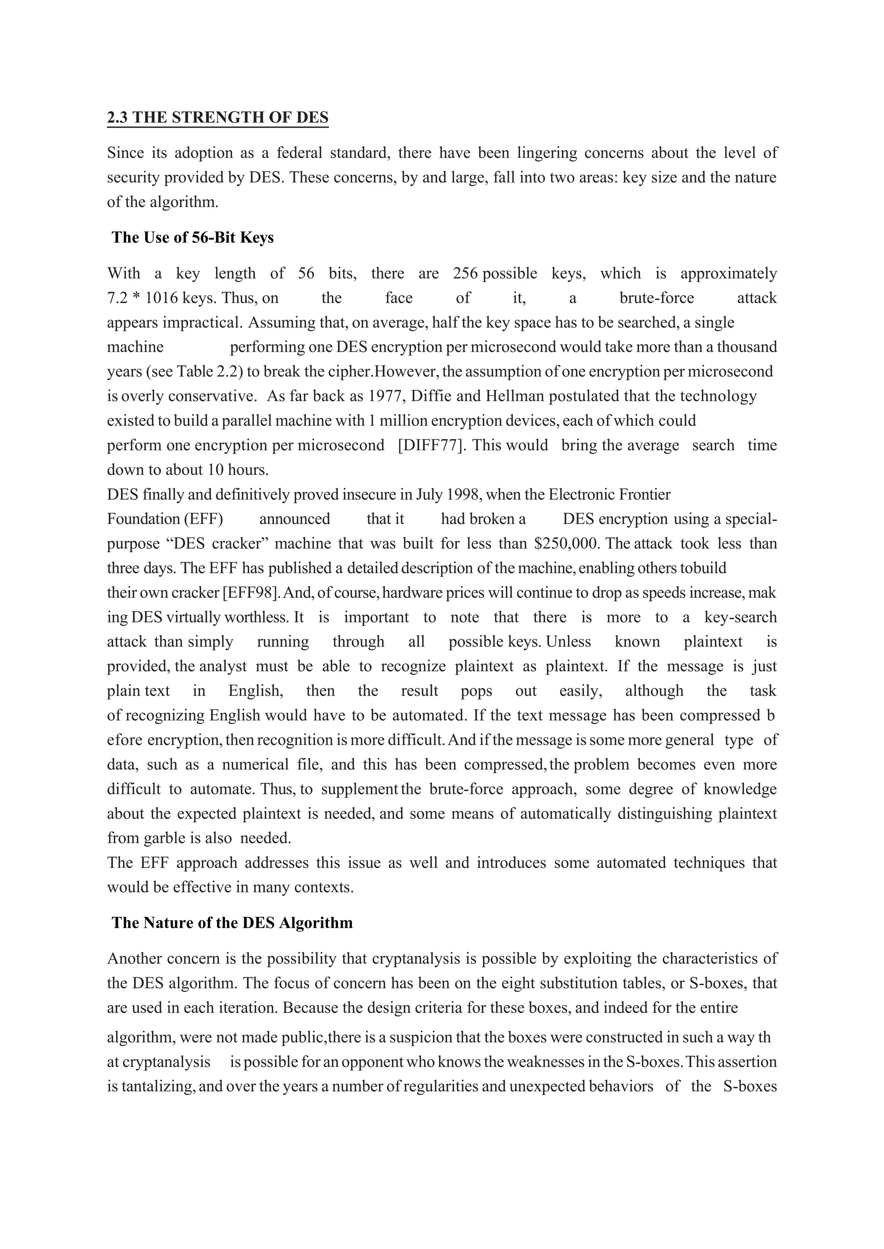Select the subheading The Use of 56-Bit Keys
(x=192, y=238)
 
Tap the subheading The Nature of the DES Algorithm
(x=232, y=923)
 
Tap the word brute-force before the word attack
(x=657, y=298)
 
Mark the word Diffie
(x=431, y=397)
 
